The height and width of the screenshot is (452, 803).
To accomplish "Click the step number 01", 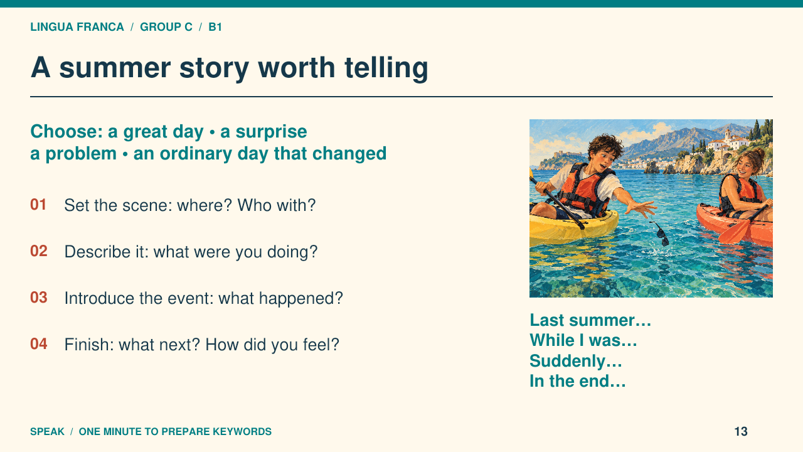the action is pyautogui.click(x=38, y=205).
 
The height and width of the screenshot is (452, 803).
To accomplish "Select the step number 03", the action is pyautogui.click(x=39, y=298).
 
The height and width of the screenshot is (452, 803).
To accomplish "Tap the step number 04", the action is pyautogui.click(x=39, y=344).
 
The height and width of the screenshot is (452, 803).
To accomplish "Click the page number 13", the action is pyautogui.click(x=741, y=431).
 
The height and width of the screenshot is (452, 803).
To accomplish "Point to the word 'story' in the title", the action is pyautogui.click(x=214, y=68).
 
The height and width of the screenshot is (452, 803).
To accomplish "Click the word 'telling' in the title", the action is pyautogui.click(x=386, y=68).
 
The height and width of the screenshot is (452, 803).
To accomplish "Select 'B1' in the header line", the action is pyautogui.click(x=215, y=27).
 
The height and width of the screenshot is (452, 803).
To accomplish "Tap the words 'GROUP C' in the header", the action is pyautogui.click(x=166, y=27).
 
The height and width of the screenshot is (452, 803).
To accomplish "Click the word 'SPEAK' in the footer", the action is pyautogui.click(x=47, y=431).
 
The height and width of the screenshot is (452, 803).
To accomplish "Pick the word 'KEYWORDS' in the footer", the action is pyautogui.click(x=242, y=431).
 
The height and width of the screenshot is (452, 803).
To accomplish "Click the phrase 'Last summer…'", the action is pyautogui.click(x=590, y=320).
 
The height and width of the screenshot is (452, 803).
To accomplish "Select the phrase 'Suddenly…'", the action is pyautogui.click(x=576, y=361).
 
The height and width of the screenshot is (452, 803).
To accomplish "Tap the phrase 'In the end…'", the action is pyautogui.click(x=578, y=381).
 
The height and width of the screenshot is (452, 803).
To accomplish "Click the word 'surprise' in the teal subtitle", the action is pyautogui.click(x=272, y=132).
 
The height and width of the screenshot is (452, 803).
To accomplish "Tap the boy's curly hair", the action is pyautogui.click(x=606, y=145).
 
